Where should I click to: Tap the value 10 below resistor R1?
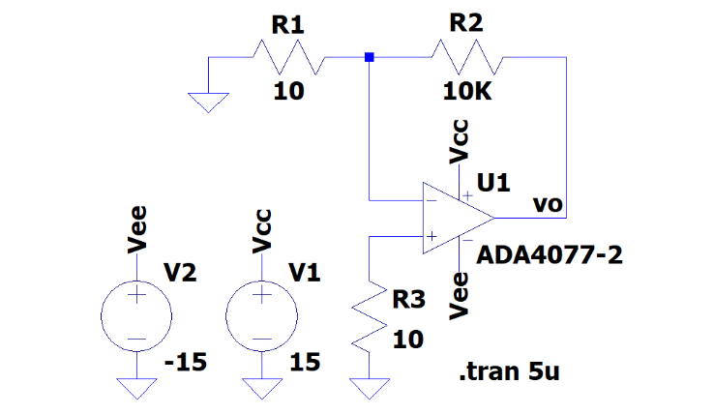pos(288,92)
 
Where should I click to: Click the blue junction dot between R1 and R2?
pos(369,58)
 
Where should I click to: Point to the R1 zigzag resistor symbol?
pos(286,58)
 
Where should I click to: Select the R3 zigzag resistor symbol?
pos(369,319)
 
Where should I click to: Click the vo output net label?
pos(549,205)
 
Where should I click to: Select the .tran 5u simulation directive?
pos(509,372)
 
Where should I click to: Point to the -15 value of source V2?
pos(187,363)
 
